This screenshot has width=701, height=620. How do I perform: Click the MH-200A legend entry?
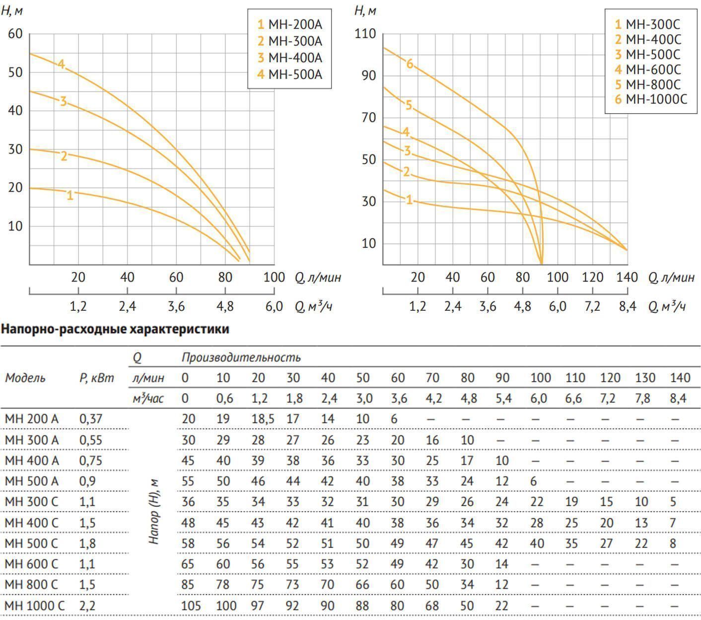(289, 24)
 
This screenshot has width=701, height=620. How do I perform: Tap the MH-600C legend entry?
(648, 69)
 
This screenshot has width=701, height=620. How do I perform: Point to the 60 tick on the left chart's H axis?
(15, 34)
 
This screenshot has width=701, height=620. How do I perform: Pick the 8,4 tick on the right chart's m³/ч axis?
(628, 306)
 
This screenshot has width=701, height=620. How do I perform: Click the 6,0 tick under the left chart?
(274, 306)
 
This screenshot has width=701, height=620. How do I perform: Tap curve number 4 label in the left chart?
(61, 64)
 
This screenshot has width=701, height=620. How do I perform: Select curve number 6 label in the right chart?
(410, 64)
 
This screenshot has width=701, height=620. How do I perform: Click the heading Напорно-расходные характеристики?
(115, 329)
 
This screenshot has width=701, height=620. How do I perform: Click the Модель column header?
(25, 378)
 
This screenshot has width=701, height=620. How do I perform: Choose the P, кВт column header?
(96, 378)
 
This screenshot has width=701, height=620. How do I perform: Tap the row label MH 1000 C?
(34, 606)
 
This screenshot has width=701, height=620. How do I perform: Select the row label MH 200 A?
(31, 419)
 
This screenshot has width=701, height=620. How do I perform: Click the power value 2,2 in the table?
(87, 606)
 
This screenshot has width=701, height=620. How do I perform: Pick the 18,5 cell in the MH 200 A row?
(263, 419)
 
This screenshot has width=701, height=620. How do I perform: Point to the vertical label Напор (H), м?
(154, 511)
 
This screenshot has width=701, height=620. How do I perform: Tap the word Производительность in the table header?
(241, 357)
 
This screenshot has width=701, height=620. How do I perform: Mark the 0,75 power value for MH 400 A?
(90, 461)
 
